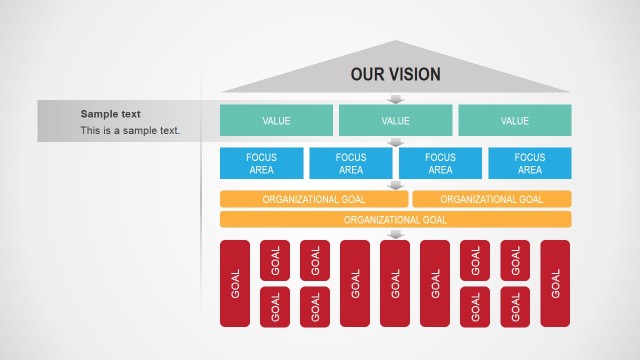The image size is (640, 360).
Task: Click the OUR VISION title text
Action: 395,75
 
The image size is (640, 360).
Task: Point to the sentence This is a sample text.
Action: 130,130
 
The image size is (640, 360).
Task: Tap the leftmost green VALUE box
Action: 276,121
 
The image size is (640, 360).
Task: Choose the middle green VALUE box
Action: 395,121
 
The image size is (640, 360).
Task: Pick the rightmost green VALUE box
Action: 514,121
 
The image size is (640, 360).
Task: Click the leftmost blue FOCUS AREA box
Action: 262,163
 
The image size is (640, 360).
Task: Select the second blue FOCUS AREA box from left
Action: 351,163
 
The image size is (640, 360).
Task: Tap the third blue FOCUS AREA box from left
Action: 440,163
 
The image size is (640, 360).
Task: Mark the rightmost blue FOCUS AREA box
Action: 529,163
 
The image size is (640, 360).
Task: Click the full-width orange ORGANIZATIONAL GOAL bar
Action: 395,219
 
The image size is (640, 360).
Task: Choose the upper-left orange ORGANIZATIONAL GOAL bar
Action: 314,199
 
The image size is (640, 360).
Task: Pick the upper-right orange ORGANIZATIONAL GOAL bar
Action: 491,199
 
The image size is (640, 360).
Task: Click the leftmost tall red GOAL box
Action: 235,283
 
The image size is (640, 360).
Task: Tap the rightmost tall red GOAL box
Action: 555,283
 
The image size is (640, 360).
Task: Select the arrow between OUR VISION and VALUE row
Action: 396,99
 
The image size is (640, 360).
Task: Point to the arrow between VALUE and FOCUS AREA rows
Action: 396,142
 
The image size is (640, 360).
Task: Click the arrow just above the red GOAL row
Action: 396,234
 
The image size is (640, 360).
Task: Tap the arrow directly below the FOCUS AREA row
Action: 396,185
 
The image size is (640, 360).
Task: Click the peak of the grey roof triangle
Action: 397,42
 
